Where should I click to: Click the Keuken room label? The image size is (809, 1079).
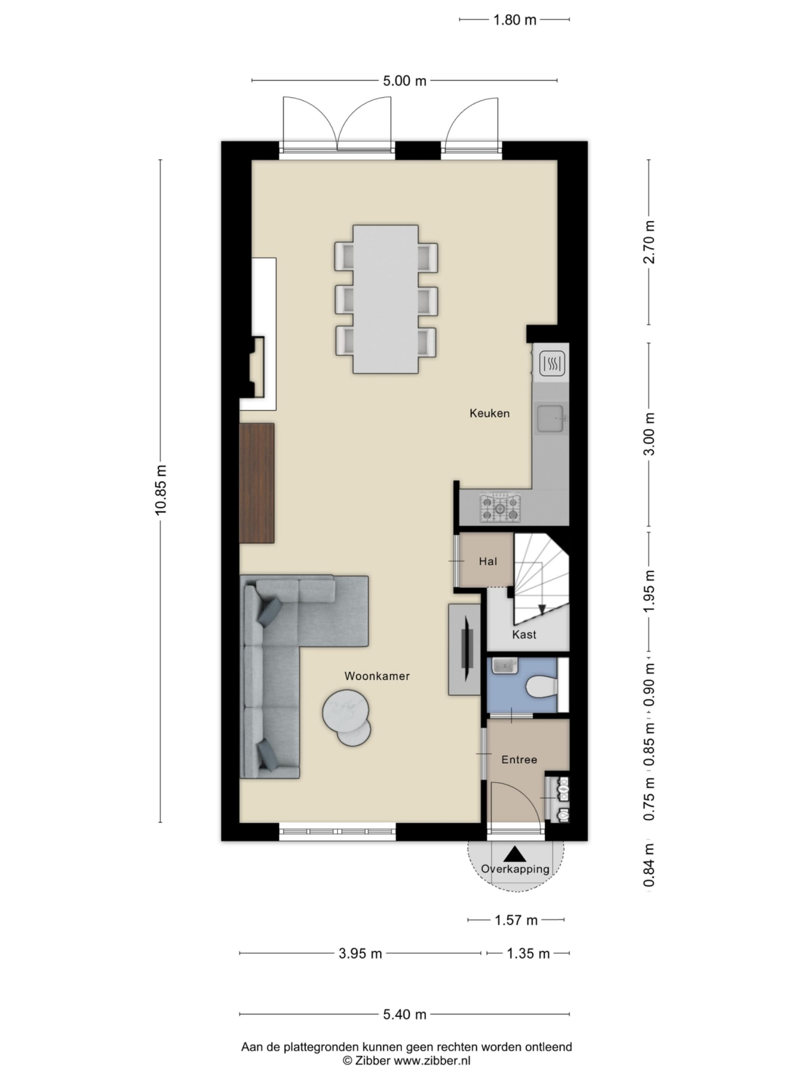click(489, 413)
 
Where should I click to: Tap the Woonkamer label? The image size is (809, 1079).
click(377, 676)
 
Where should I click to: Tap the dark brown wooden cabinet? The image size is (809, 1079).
click(257, 483)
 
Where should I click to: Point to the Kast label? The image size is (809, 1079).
click(524, 635)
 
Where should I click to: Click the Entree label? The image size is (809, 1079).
click(519, 759)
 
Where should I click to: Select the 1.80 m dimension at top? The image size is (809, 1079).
click(514, 20)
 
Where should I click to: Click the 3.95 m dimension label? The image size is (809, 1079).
click(360, 954)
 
